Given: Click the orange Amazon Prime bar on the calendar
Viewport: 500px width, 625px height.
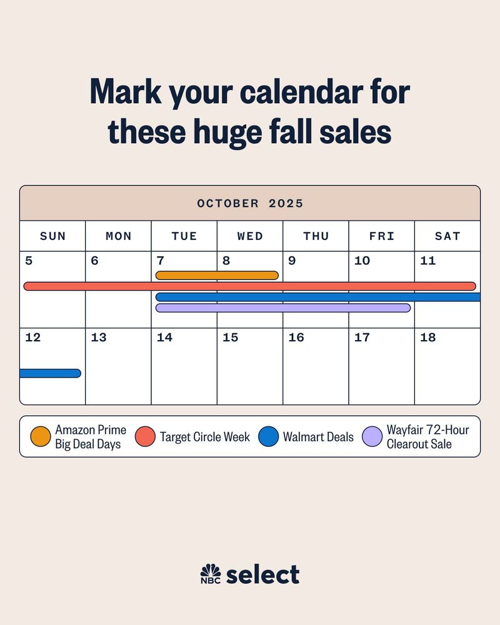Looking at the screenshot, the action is [217, 276].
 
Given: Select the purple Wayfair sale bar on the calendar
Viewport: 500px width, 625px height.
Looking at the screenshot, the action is [283, 307].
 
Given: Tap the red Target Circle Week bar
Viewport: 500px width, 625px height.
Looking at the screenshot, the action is [250, 286].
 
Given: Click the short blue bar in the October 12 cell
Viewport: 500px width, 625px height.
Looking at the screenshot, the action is [50, 373].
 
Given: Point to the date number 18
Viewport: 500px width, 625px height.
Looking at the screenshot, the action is [428, 337].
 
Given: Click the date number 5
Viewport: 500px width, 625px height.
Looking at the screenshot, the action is [29, 261].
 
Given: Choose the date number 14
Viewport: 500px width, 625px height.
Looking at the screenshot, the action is [164, 337].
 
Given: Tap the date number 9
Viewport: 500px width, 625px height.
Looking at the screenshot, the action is [292, 261].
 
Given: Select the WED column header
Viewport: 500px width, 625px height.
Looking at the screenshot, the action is [250, 236].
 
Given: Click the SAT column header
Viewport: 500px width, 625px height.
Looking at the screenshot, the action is [447, 236].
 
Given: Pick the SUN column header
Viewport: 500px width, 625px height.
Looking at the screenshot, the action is [52, 236].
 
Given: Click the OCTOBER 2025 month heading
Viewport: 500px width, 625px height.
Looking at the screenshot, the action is [250, 203].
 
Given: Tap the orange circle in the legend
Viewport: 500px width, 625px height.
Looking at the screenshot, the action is [41, 436].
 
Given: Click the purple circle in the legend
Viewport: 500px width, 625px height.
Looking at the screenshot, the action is [372, 436].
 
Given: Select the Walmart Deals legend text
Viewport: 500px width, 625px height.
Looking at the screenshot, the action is [318, 437].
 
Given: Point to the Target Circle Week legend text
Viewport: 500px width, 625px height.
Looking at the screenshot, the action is [205, 437].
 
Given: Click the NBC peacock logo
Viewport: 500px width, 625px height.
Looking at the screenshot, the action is [211, 574].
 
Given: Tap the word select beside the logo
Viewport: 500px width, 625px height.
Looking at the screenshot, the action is [262, 574].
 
